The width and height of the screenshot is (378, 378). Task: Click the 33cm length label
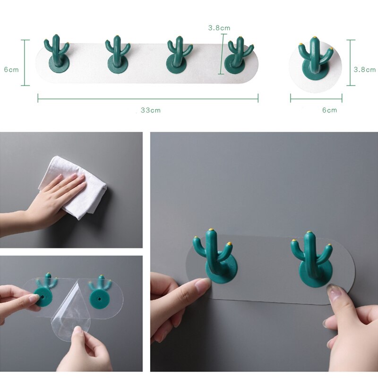click(x=151, y=110)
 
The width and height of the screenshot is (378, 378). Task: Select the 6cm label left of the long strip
click(x=11, y=69)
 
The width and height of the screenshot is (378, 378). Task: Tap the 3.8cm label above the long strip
click(x=219, y=28)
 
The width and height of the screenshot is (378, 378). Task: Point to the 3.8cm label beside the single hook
click(x=365, y=69)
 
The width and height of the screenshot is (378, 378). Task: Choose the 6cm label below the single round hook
click(x=329, y=110)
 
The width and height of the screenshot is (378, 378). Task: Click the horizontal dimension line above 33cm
click(x=148, y=98)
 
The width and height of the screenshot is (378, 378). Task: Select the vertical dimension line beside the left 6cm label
click(x=25, y=63)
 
